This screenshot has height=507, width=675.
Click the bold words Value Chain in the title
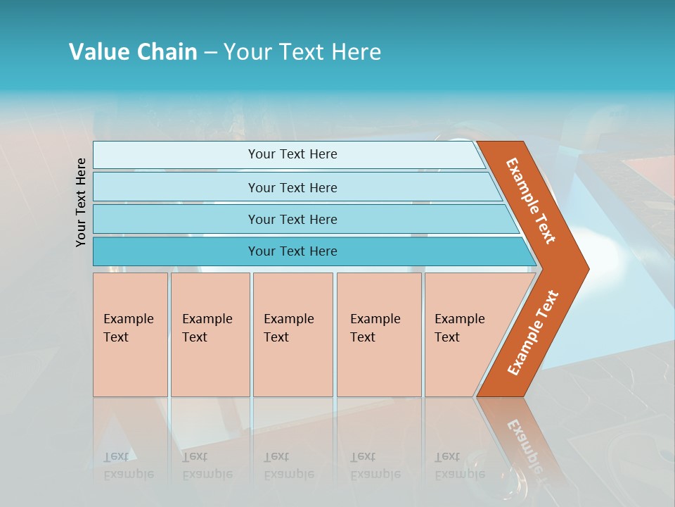point(133,52)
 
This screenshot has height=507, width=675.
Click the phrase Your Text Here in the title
point(302,52)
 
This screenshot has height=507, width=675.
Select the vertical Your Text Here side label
point(81,202)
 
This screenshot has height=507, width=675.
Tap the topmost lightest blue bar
point(292,154)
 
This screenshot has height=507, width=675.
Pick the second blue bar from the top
point(292,187)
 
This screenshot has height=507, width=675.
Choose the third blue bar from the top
point(292,219)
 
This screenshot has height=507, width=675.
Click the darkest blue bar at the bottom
point(292,251)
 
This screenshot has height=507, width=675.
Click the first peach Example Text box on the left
point(130,334)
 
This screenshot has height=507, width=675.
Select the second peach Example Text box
point(210,334)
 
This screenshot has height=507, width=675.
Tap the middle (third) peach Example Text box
point(292,334)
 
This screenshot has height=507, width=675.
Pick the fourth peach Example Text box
point(378,334)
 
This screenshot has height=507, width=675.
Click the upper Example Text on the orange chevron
point(532,201)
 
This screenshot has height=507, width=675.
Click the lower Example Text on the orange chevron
point(532,333)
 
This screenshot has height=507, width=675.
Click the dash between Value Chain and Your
point(210,52)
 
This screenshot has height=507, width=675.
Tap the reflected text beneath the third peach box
point(288,465)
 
